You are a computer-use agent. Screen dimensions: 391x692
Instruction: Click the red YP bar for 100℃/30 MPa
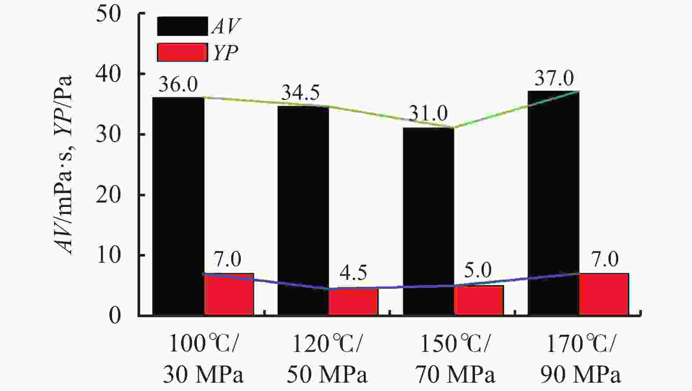(x=229, y=294)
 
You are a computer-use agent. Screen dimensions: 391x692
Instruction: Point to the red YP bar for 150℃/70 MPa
(x=479, y=300)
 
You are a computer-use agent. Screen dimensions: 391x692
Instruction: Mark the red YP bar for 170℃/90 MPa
(x=604, y=294)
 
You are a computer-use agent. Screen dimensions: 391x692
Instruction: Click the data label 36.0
(x=178, y=84)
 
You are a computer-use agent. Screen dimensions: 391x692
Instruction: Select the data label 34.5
(x=301, y=93)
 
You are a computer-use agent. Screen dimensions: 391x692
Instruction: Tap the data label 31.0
(x=428, y=114)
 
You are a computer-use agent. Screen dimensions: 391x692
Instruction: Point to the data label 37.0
(x=554, y=79)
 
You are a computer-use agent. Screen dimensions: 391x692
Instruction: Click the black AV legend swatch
(x=182, y=26)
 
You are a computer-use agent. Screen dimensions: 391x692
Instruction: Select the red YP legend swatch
(x=182, y=52)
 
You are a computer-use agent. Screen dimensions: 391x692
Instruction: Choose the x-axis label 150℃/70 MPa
(x=455, y=359)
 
